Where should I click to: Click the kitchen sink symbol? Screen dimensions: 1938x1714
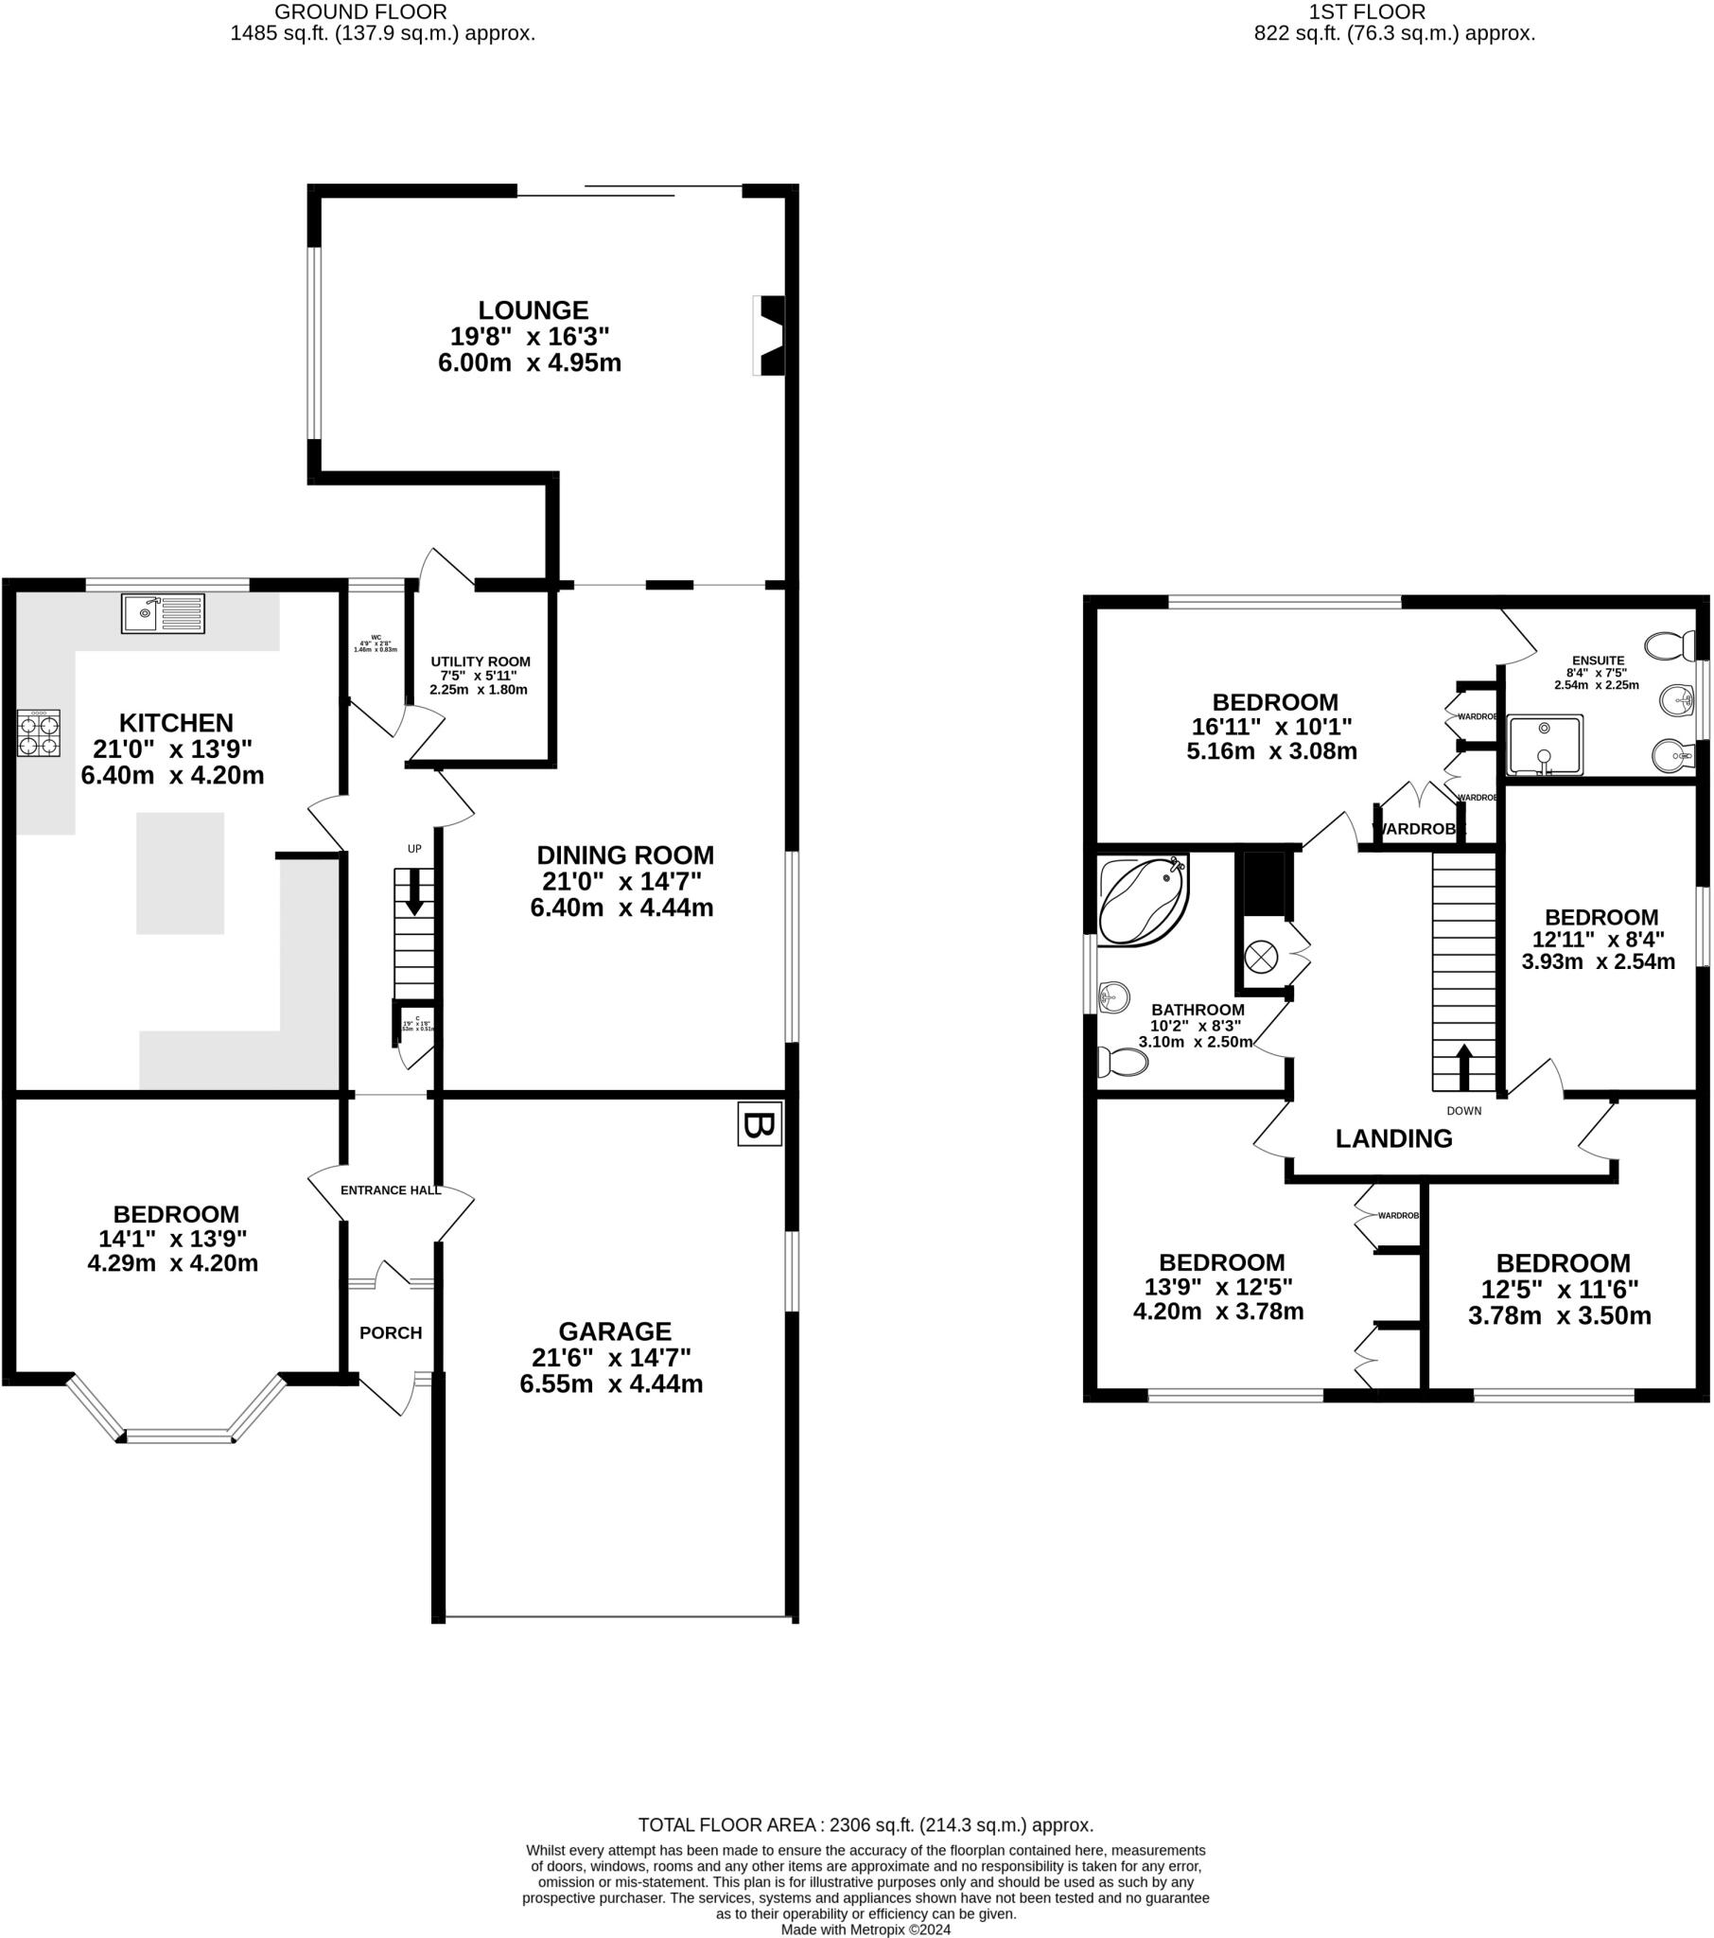pos(162,612)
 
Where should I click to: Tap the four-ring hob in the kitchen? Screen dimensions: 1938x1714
pos(39,733)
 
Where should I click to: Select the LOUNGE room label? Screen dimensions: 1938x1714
pos(533,310)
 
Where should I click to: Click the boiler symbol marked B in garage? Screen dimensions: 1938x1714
pos(760,1123)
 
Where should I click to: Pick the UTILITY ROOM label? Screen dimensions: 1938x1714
pos(480,661)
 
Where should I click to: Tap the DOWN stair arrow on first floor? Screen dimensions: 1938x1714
pos(1463,1066)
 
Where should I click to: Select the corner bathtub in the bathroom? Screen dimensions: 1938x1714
pos(1142,898)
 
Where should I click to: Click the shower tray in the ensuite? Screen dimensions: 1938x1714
pos(1546,746)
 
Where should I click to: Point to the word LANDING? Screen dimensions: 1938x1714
pos(1392,1138)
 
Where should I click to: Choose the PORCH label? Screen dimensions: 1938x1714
pos(391,1333)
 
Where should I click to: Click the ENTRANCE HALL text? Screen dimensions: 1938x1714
pos(391,1189)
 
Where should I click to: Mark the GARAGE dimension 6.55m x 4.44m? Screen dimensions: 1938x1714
pos(610,1383)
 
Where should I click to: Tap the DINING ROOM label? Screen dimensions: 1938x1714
pos(624,854)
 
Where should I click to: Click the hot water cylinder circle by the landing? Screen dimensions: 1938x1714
pos(1261,956)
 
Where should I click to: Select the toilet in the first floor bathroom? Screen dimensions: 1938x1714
pos(1121,1062)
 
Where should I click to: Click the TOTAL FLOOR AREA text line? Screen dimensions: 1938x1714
pos(865,1825)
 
